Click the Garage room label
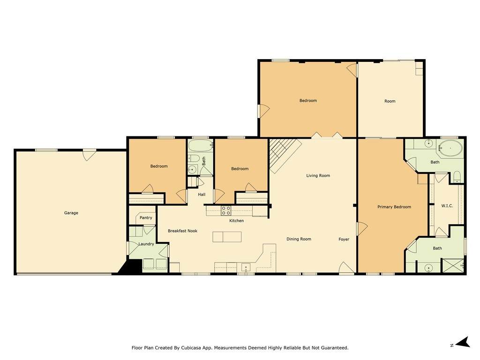pos(71,213)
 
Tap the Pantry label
pos(146,217)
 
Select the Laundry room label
pos(146,244)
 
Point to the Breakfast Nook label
pos(182,231)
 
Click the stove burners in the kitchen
pos(226,210)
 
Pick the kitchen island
pos(227,237)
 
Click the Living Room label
pos(318,175)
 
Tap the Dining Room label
pos(299,239)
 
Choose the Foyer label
pos(344,239)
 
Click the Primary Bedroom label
pos(394,207)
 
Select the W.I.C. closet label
pos(447,206)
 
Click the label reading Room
pos(390,101)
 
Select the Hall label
pos(202,195)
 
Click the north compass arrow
pos(464,342)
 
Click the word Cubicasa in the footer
pos(190,348)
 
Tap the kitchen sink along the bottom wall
pos(246,268)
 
